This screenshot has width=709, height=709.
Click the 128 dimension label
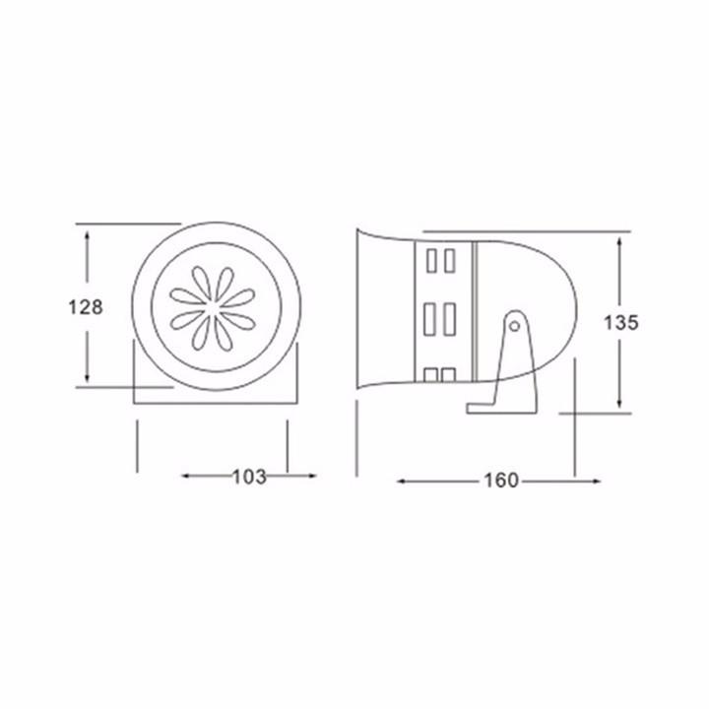tap(86, 307)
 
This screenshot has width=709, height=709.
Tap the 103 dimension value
tap(249, 477)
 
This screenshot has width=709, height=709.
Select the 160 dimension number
tap(501, 481)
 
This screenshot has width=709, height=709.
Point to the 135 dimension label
tap(620, 323)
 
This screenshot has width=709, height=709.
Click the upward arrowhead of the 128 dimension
tap(87, 236)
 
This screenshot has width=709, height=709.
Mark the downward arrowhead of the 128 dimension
tap(87, 376)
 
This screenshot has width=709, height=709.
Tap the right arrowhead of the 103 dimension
tap(310, 476)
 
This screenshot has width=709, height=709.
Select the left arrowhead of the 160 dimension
tap(403, 482)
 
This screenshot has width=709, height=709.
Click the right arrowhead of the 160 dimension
tap(595, 482)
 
